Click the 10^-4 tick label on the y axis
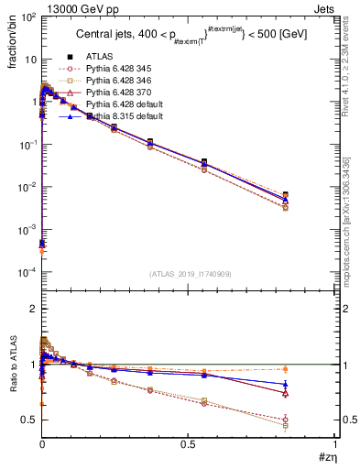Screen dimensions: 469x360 pyautogui.click(x=27, y=273)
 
